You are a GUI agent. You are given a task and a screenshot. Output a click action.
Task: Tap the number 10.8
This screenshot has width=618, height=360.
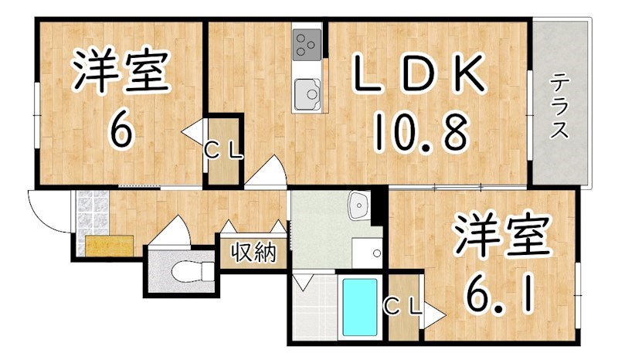[422, 131]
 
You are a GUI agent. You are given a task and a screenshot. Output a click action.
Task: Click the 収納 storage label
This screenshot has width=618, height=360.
[253, 253]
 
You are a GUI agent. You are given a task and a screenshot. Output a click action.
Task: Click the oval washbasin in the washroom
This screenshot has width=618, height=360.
[359, 206]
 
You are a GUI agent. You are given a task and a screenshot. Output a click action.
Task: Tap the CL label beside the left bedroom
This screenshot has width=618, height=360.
[223, 151]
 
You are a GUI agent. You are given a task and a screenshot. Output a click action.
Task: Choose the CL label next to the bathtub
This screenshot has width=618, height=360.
[403, 307]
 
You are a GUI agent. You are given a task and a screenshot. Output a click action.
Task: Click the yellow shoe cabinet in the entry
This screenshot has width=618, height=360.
[110, 245]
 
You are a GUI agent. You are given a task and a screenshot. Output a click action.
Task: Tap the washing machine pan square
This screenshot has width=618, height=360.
[367, 253]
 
